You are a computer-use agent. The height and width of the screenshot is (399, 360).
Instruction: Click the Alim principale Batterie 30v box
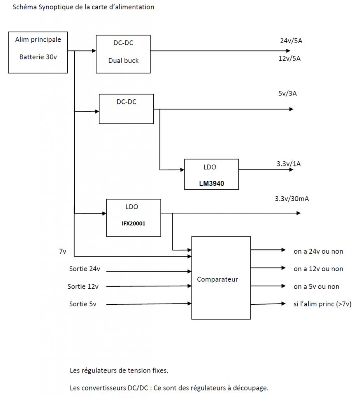pos(38,52)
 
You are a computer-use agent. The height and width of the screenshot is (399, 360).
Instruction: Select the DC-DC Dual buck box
pos(123,54)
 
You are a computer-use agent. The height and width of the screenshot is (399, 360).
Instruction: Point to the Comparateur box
pos(221,278)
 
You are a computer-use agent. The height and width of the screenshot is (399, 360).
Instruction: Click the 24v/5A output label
pos(291,41)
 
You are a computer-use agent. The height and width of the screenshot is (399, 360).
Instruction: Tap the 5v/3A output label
pos(288,94)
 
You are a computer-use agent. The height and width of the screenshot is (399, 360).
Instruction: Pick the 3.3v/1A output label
pos(288,164)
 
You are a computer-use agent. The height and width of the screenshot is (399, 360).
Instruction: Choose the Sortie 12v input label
pos(83,286)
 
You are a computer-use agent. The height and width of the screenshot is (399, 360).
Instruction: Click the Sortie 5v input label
pos(83,304)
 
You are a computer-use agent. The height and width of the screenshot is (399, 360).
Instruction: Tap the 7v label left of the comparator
pos(63,251)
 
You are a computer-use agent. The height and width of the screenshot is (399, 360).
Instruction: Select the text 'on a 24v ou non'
pos(318,251)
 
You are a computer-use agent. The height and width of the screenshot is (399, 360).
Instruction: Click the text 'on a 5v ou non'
pos(316,286)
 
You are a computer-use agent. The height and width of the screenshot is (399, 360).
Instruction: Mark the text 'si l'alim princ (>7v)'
pos(322,304)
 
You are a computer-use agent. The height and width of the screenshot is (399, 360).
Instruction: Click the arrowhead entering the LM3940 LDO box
pos(182,170)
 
